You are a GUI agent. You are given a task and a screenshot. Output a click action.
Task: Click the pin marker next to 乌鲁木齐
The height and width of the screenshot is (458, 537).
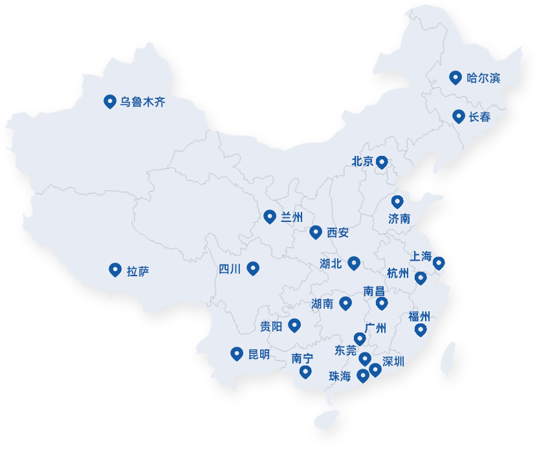(x=109, y=101)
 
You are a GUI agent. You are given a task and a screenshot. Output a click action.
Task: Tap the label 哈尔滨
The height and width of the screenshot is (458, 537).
(x=483, y=78)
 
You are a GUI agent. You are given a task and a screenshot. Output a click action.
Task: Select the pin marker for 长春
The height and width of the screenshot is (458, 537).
(x=459, y=116)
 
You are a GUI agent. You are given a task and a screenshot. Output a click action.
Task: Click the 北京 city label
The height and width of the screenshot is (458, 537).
(x=362, y=162)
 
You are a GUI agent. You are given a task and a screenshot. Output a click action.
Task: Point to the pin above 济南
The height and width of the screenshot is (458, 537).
(x=397, y=202)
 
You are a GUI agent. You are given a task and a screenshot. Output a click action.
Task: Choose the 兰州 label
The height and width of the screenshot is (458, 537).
(x=292, y=217)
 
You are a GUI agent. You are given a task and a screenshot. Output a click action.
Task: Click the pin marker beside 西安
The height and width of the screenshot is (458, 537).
(x=316, y=232)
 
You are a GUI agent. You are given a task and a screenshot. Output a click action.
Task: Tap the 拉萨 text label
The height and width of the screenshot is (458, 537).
(x=138, y=270)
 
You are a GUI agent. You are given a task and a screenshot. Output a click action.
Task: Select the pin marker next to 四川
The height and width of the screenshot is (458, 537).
(x=253, y=268)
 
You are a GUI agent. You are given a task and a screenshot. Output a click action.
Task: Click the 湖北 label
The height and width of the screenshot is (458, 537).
(x=331, y=263)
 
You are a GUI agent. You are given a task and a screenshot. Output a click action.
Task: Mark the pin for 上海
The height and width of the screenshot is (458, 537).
(x=439, y=263)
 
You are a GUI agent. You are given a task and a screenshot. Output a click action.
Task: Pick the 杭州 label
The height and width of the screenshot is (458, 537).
(x=398, y=273)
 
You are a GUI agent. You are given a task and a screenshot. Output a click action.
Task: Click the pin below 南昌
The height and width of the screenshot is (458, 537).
(x=382, y=303)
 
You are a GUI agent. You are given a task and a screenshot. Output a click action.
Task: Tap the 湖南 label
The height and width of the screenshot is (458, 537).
(x=322, y=303)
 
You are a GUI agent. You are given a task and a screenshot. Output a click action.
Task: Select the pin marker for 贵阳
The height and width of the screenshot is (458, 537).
(x=294, y=325)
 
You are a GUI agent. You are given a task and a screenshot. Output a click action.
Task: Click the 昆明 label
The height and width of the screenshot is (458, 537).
(x=259, y=354)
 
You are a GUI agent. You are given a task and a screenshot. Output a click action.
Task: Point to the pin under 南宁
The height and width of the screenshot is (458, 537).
(x=305, y=371)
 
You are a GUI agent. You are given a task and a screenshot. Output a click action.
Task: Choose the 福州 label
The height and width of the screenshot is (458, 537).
(x=419, y=316)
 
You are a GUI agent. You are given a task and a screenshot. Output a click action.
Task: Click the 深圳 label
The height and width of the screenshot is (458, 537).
(x=393, y=362)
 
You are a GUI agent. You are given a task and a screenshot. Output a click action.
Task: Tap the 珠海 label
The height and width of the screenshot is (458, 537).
(x=340, y=376)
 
